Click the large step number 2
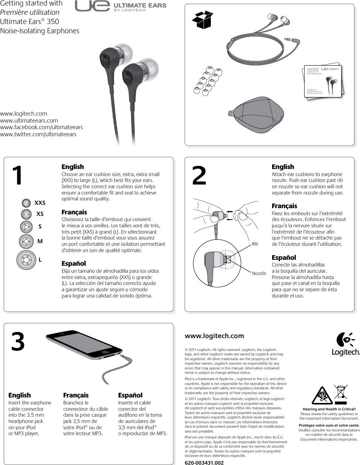coord(199,176)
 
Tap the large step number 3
coord(18,342)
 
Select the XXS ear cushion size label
coord(40,203)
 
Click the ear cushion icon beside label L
coord(26,259)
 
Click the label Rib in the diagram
coord(255,244)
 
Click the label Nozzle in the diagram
coord(259,273)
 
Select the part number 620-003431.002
coord(204,462)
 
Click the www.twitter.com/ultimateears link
coord(38,134)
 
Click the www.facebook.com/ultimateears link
coord(41,127)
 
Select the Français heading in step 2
coord(284,206)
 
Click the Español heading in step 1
coord(73,263)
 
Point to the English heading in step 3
coord(20,395)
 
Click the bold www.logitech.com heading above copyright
coord(214,336)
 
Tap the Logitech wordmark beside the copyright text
coord(346,352)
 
